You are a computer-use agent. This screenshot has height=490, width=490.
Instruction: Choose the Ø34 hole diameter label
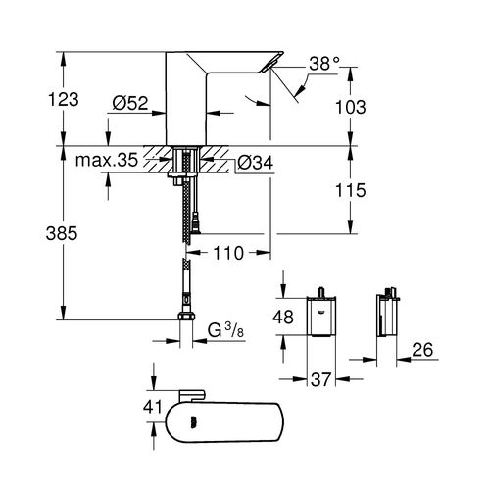click(256, 162)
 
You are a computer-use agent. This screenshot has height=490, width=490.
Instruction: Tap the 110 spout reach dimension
click(228, 252)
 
